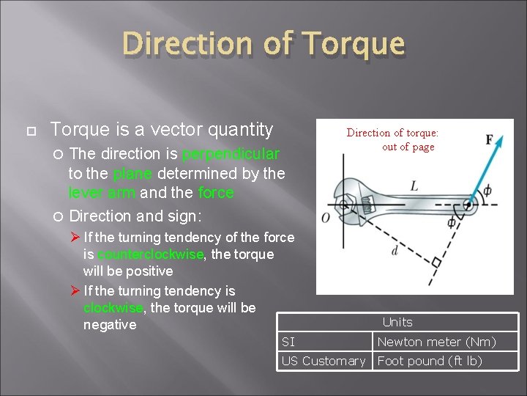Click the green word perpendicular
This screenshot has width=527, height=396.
(x=230, y=154)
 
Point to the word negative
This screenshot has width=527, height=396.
(x=109, y=324)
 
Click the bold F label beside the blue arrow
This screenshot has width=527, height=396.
(x=489, y=139)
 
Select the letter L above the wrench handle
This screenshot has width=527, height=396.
(x=414, y=186)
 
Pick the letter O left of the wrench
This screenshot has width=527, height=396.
(x=326, y=219)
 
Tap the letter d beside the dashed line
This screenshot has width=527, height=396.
(x=395, y=252)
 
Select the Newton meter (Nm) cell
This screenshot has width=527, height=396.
(x=436, y=342)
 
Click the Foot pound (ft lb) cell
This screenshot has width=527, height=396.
(x=430, y=361)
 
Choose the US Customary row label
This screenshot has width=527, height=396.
(x=323, y=361)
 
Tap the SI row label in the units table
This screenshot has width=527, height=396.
(x=288, y=342)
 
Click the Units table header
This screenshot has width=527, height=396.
(x=397, y=322)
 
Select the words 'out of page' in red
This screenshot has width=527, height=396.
(x=408, y=147)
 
